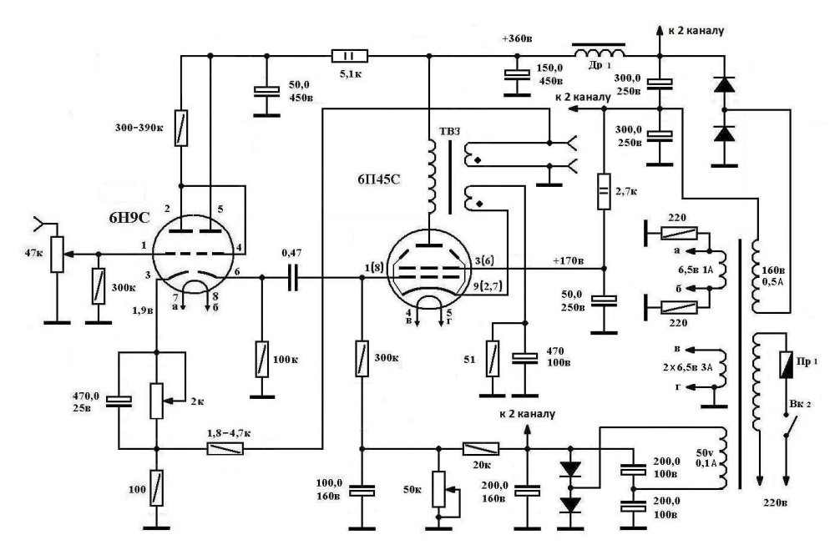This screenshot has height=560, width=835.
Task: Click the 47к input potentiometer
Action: (57, 254)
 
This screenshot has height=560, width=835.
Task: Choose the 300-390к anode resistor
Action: (179, 127)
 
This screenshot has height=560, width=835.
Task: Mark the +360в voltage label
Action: (519, 39)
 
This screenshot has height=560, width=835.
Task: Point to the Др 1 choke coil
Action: (597, 49)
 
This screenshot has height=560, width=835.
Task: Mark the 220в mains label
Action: (773, 504)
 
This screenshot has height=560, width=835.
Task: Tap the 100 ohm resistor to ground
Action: (155, 487)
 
